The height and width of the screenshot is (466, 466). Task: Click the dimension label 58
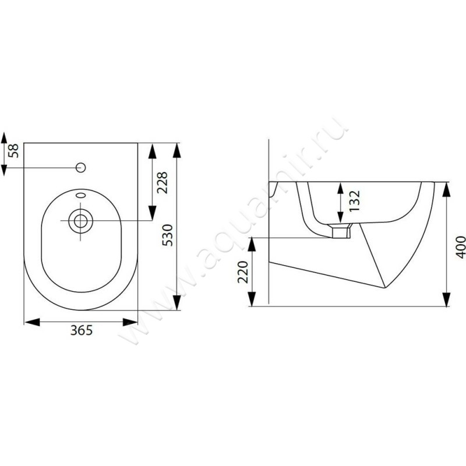[x=13, y=151]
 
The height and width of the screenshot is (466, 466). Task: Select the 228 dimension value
[x=163, y=183]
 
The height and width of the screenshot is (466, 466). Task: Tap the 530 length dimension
[x=167, y=235]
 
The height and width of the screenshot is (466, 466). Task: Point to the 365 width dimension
[x=82, y=330]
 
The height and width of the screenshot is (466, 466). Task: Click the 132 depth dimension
[x=355, y=201]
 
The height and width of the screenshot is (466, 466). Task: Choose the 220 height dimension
[x=243, y=272]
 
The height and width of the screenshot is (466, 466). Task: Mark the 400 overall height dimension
[x=461, y=247]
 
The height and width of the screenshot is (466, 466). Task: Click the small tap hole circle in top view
[x=81, y=168]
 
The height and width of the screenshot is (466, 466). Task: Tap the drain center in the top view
[x=80, y=221]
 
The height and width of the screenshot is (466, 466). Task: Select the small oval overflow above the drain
[x=81, y=195]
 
